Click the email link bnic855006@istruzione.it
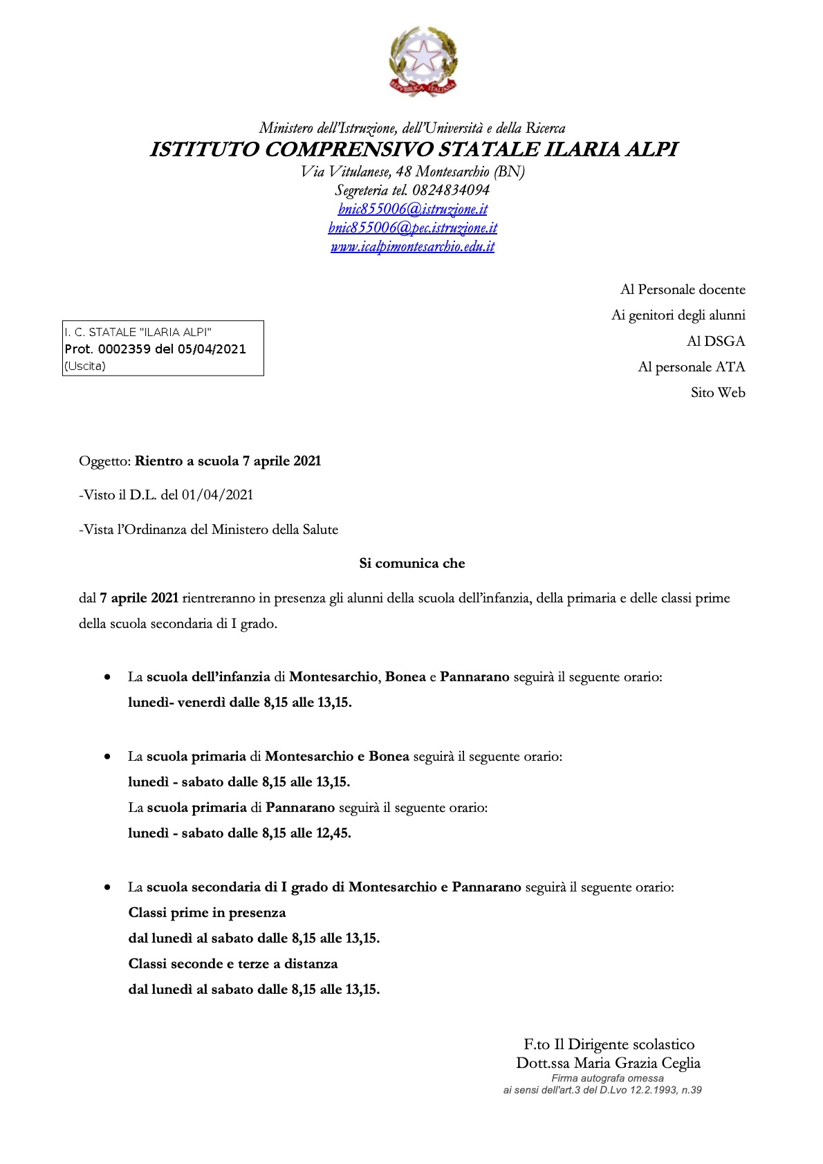[x=413, y=209]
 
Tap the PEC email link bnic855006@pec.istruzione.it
[x=413, y=228]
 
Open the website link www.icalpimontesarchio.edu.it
[x=413, y=246]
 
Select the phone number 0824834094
[x=451, y=190]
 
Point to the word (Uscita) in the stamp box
[x=85, y=367]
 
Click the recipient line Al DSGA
[x=716, y=341]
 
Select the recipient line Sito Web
[x=718, y=393]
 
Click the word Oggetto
[x=104, y=461]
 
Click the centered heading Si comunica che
[x=412, y=564]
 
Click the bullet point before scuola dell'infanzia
[x=107, y=677]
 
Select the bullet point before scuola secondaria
[x=107, y=887]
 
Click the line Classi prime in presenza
[x=207, y=913]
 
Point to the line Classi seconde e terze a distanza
[x=233, y=964]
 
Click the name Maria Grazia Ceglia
[x=637, y=1063]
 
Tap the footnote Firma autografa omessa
[x=607, y=1078]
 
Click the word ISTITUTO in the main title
[x=205, y=149]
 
